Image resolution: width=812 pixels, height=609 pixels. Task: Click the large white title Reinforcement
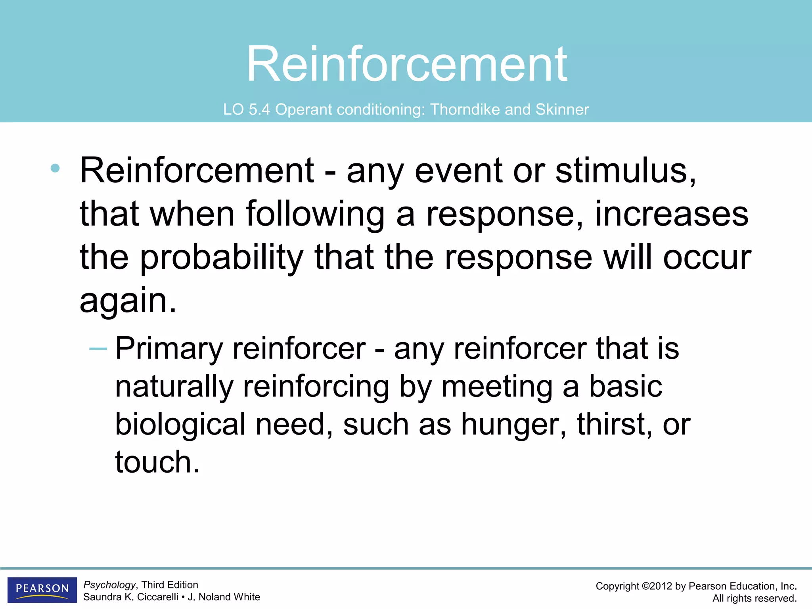coord(407,64)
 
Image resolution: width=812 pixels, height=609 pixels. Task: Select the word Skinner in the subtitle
coord(562,110)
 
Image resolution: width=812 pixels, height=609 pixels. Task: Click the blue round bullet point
coord(55,169)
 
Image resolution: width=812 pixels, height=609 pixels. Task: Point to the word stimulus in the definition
coord(625,170)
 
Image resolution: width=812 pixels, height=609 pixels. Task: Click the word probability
coord(222,258)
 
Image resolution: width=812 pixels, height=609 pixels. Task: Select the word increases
coord(672,214)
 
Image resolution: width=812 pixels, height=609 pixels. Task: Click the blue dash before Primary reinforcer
coord(98,349)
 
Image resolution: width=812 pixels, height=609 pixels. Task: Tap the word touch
coord(157,462)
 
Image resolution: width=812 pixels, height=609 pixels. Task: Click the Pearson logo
coord(42,589)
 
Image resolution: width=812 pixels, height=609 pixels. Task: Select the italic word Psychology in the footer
coord(109,585)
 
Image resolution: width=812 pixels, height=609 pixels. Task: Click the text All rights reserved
coord(754,598)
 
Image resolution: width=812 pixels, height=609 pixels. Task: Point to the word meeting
coord(497,387)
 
